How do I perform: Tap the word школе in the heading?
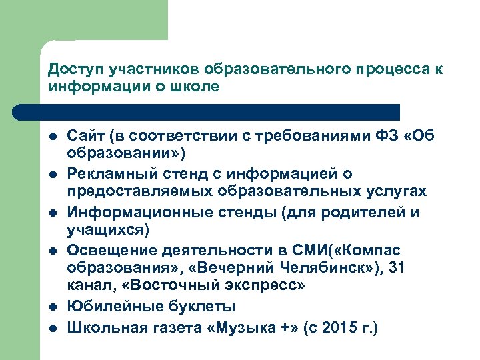tap(199, 87)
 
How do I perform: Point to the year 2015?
tap(334, 329)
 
